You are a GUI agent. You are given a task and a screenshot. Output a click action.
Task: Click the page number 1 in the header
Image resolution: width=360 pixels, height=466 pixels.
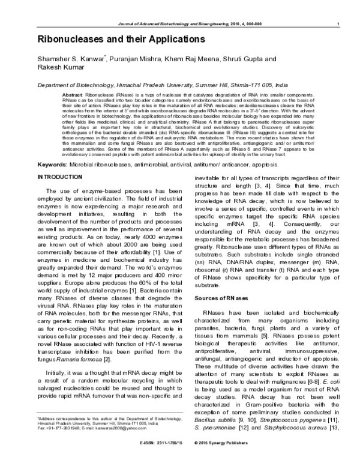(x=340, y=23)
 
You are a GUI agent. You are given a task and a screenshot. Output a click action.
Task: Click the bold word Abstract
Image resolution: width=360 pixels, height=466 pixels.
(x=73, y=95)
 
